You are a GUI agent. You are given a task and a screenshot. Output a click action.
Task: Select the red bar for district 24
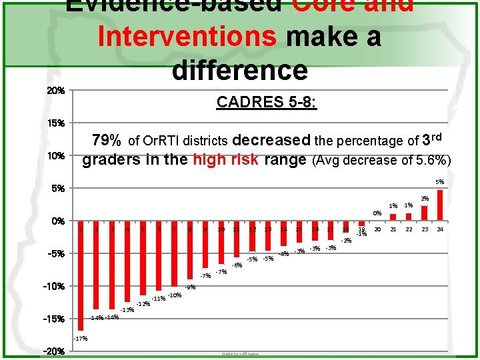[440, 205]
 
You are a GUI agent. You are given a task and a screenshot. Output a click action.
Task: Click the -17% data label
[81, 339]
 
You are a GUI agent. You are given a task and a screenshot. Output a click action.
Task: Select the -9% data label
[190, 287]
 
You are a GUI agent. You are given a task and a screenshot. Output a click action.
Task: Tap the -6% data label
[237, 265]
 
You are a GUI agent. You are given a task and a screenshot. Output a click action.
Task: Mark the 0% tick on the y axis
[56, 221]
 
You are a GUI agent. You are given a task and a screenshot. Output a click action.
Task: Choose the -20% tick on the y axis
[54, 351]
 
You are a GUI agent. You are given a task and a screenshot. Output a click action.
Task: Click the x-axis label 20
[378, 229]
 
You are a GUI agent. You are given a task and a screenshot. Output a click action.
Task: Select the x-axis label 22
[409, 229]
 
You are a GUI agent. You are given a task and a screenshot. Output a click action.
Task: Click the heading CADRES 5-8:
[267, 103]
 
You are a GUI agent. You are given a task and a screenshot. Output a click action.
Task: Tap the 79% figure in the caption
[107, 141]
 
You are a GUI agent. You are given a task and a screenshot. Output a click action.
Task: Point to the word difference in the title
[240, 69]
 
